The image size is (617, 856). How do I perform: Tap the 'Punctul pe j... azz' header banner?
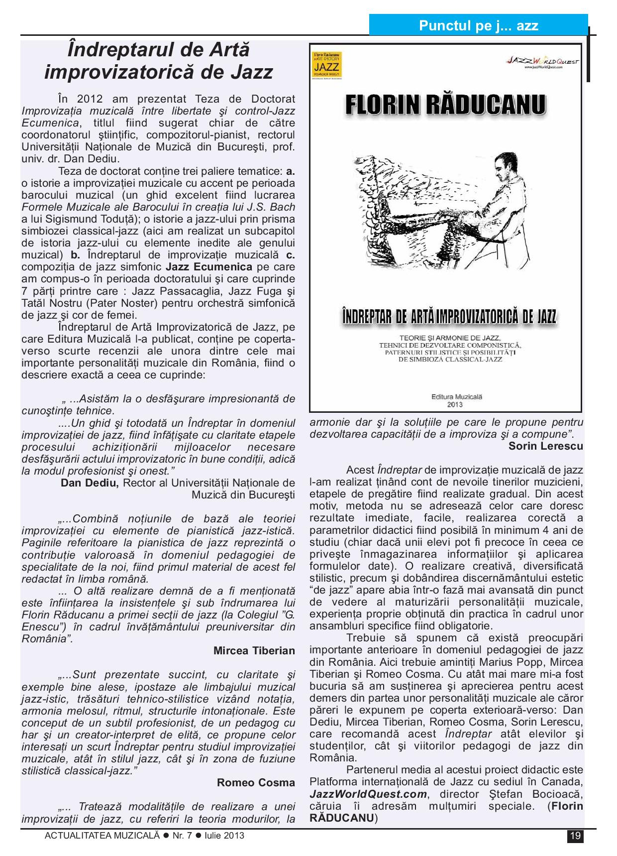(478, 25)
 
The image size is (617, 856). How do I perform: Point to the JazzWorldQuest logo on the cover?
(543, 61)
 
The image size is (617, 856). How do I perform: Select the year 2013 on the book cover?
(454, 405)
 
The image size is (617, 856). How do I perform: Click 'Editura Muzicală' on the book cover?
(457, 397)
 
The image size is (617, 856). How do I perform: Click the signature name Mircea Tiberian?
(254, 650)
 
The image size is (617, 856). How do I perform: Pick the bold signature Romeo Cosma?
(256, 782)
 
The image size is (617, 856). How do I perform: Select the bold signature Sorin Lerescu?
(545, 446)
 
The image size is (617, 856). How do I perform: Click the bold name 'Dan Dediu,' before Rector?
(90, 483)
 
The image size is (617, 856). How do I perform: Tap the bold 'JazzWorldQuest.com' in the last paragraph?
(368, 794)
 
